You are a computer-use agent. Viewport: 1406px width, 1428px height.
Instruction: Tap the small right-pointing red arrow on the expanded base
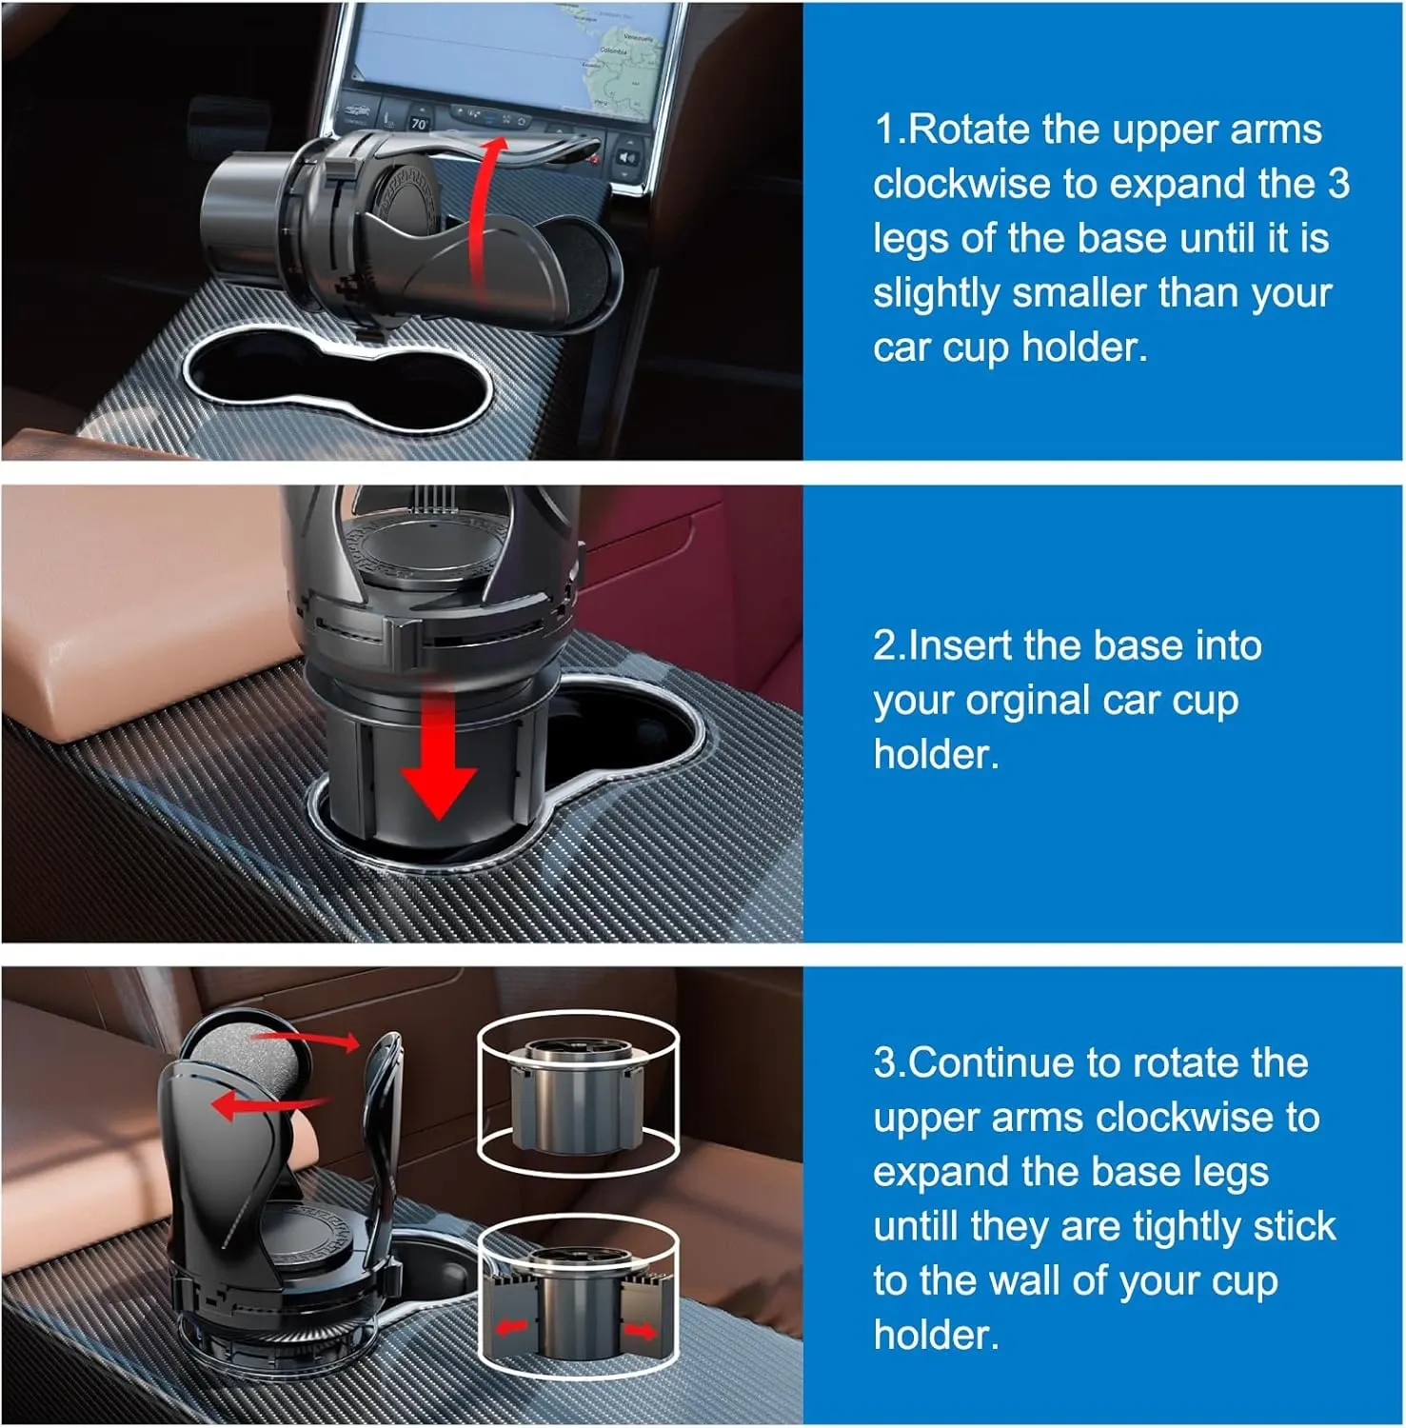(640, 1330)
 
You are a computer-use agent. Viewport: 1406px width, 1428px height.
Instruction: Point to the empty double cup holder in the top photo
(337, 381)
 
